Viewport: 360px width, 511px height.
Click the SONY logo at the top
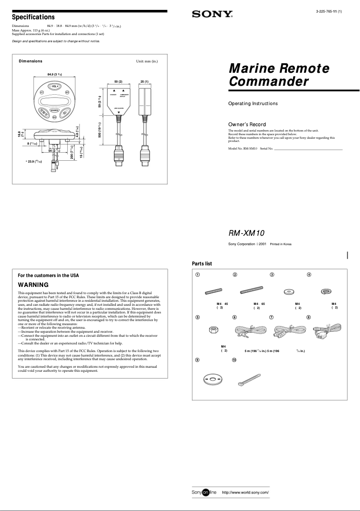click(x=212, y=14)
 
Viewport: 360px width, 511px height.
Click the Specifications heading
click(x=33, y=17)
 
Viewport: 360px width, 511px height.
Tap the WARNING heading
click(x=33, y=285)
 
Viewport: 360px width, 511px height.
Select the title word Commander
click(x=268, y=82)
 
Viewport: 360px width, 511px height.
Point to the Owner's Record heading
click(x=247, y=124)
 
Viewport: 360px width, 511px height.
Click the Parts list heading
click(x=202, y=264)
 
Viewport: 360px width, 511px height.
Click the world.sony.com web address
click(x=245, y=493)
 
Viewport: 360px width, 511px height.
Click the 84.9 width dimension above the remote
click(x=54, y=74)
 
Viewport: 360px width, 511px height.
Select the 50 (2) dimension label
click(x=118, y=81)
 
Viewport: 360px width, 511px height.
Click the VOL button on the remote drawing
click(x=54, y=86)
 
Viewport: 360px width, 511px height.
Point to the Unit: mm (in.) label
click(x=147, y=61)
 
